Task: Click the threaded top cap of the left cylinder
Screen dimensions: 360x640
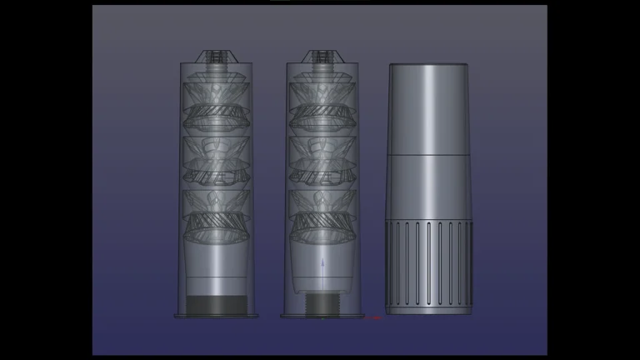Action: (216, 57)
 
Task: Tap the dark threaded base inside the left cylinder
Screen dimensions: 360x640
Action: (216, 305)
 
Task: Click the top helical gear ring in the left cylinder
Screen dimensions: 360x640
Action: (216, 113)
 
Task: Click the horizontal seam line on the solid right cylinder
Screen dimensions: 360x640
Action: (428, 155)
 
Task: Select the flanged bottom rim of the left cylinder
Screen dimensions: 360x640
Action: (216, 317)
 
